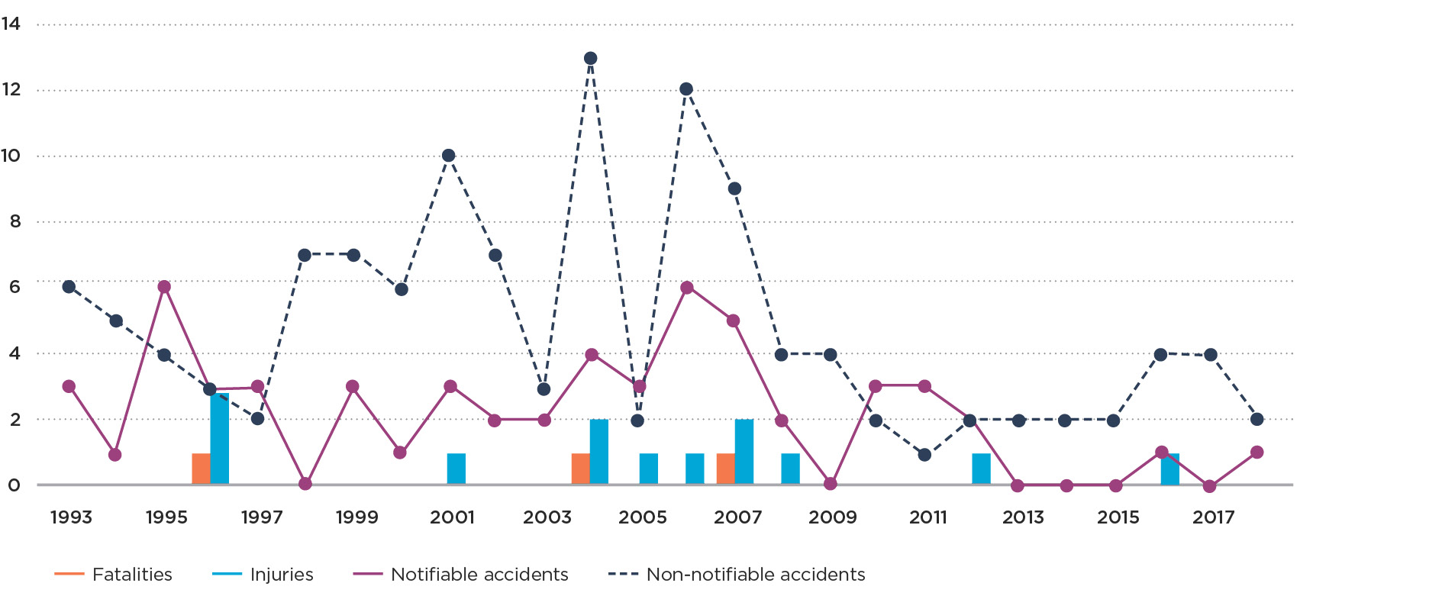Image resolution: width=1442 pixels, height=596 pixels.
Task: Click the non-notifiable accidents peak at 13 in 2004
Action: tap(590, 59)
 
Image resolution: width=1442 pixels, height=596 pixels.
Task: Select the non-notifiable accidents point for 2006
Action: tap(686, 89)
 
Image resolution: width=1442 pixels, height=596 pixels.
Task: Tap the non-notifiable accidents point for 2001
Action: tap(449, 156)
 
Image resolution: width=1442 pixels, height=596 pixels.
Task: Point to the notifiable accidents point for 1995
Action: tap(164, 287)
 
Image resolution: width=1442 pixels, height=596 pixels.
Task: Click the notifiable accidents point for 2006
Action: tap(687, 288)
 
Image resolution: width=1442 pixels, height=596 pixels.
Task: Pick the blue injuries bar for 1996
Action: tap(220, 439)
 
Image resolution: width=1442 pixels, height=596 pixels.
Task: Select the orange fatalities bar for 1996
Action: tap(201, 469)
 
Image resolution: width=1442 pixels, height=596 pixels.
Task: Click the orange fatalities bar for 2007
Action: tap(725, 469)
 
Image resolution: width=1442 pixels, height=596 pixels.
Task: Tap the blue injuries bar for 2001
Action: tap(456, 469)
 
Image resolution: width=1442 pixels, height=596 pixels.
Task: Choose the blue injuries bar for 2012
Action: tap(981, 469)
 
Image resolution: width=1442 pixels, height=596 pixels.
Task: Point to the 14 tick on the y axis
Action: tap(11, 24)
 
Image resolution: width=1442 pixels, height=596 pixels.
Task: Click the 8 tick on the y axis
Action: tap(15, 222)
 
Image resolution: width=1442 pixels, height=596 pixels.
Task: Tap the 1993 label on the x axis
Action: tap(71, 517)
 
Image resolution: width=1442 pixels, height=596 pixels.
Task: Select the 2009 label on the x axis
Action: tap(833, 517)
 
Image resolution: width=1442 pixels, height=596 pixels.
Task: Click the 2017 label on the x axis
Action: tap(1213, 517)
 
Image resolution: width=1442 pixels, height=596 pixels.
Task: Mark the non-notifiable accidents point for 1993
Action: tap(69, 287)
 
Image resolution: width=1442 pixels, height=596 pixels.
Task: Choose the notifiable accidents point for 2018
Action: tap(1257, 453)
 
